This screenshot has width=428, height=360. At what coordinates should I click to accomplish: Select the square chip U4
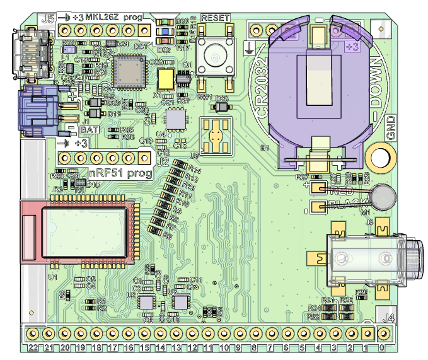pos(175,119)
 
